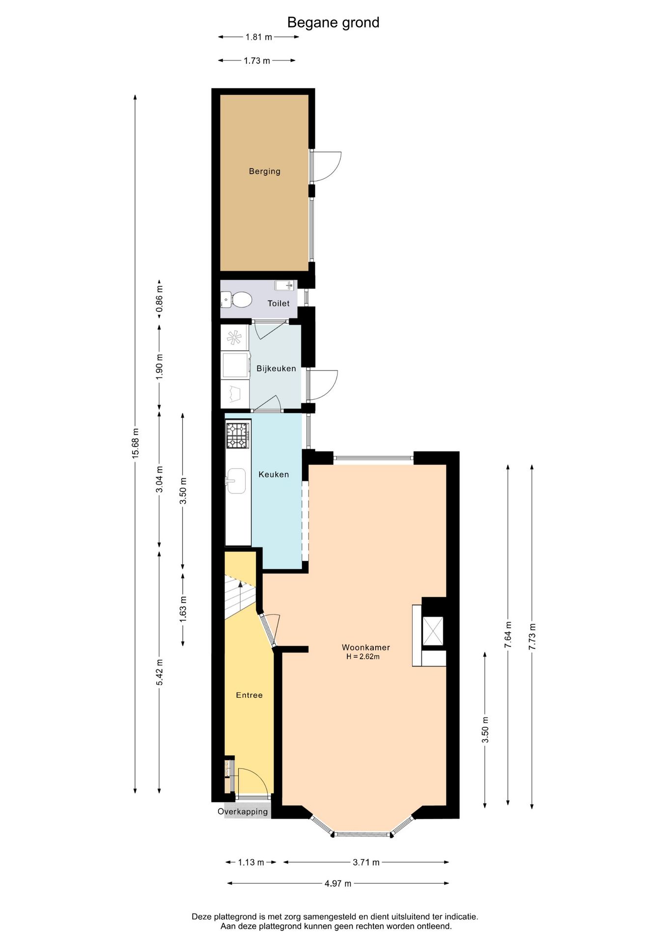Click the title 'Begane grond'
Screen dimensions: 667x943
(x=333, y=23)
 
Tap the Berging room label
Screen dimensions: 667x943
(x=265, y=171)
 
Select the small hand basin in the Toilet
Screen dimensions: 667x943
(x=284, y=285)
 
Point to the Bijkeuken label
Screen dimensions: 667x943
(x=276, y=368)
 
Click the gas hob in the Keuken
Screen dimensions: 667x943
(x=238, y=436)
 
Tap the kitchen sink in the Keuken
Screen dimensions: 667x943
(x=236, y=480)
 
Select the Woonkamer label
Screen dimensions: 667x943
(x=366, y=647)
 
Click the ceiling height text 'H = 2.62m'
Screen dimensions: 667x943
(x=363, y=657)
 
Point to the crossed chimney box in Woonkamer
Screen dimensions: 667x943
(x=433, y=631)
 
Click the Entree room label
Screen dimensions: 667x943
(x=249, y=695)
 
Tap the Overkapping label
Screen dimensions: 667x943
(x=243, y=812)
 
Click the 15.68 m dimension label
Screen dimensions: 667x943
(x=136, y=444)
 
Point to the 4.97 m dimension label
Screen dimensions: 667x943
(x=338, y=883)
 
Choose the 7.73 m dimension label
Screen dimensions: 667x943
(x=532, y=637)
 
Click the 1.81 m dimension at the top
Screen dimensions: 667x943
(x=259, y=37)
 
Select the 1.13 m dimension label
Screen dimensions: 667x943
(x=251, y=862)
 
